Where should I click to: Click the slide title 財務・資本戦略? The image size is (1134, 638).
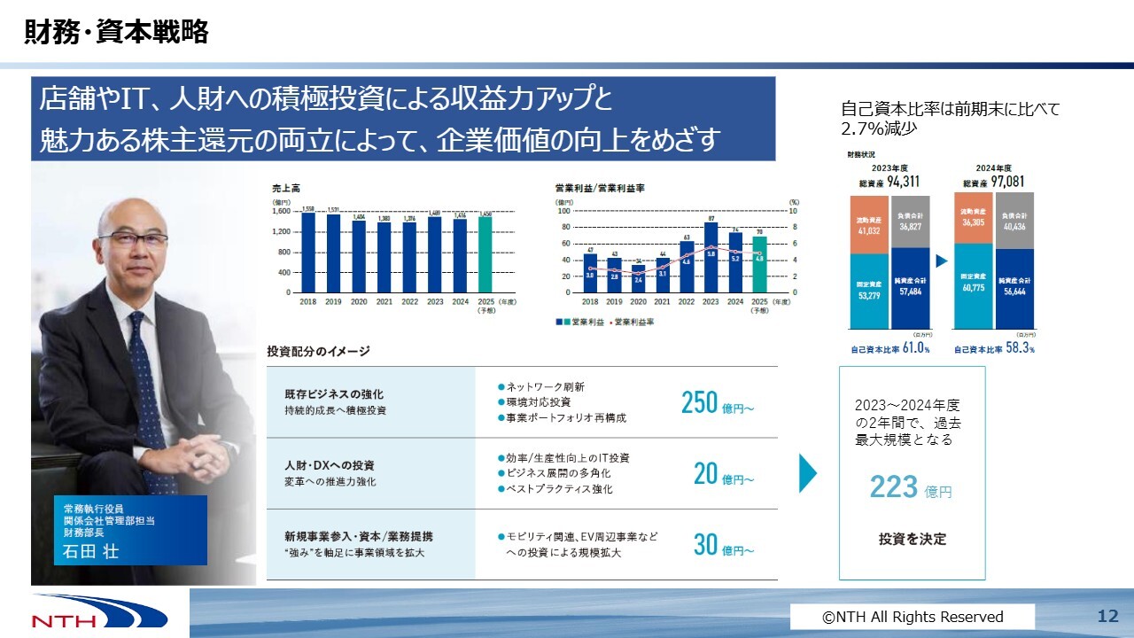pyautogui.click(x=115, y=33)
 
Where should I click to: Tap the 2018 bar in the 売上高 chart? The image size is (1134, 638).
pyautogui.click(x=307, y=253)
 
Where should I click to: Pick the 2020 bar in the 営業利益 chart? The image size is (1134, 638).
pyautogui.click(x=639, y=278)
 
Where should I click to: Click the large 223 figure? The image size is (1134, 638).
pyautogui.click(x=895, y=487)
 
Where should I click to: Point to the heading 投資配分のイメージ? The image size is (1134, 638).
pyautogui.click(x=318, y=352)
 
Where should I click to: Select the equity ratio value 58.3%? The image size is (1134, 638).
pyautogui.click(x=1020, y=349)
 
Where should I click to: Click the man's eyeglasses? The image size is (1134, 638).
pyautogui.click(x=134, y=238)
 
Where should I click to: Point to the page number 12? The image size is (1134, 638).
pyautogui.click(x=1107, y=616)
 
